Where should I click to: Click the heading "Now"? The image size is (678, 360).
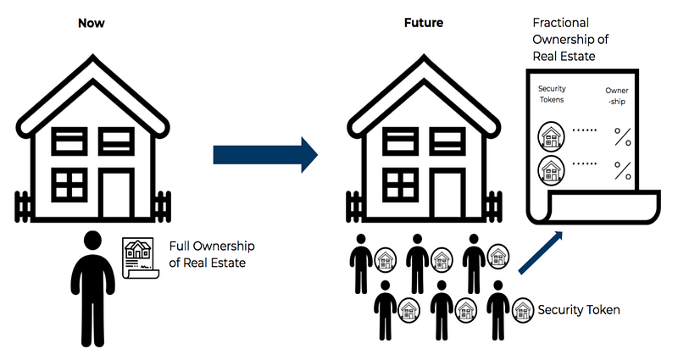pos(92,23)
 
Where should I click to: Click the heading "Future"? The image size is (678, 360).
pos(423,23)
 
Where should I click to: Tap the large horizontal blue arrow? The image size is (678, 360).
pos(265,155)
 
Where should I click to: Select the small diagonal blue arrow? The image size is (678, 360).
pos(541,252)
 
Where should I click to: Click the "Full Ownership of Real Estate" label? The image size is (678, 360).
pos(211,254)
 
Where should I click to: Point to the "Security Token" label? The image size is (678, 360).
pos(579,310)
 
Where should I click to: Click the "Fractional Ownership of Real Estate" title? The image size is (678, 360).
pos(570,39)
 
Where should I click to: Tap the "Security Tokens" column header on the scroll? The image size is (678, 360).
pos(552,94)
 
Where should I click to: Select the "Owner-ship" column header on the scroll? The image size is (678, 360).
pos(617,96)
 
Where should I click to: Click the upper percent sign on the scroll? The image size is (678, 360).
pos(623,136)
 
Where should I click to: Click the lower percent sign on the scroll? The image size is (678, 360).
pos(623,170)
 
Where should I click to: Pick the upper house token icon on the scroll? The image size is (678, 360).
pos(551,136)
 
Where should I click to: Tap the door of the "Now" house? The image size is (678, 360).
pos(116,193)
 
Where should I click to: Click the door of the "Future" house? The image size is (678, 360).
pos(447,193)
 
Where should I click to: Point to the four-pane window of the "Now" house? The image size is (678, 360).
pos(69,185)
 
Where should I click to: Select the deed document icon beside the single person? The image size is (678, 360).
pos(141,258)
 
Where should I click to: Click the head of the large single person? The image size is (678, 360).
pos(92,241)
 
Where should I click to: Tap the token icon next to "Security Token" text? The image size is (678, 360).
pos(523,310)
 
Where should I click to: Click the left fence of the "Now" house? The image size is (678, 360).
pos(23,207)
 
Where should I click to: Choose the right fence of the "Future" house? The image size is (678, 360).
pos(494,207)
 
